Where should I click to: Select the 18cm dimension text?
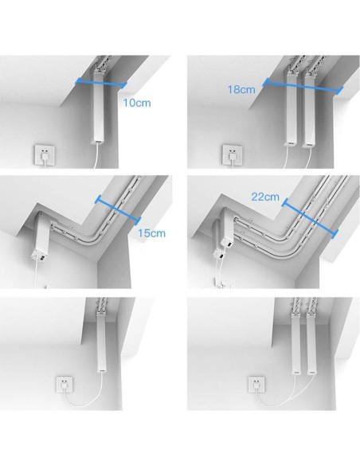click(x=241, y=89)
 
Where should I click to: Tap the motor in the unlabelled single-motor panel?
click(x=102, y=342)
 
